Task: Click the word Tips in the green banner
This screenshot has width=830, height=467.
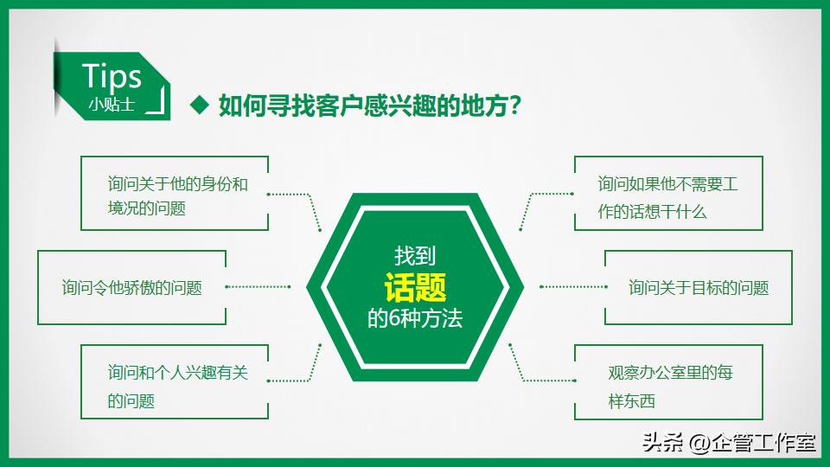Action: (112, 76)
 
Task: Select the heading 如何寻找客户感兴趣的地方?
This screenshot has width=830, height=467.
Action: (369, 106)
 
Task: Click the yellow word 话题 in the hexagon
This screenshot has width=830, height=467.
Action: (415, 285)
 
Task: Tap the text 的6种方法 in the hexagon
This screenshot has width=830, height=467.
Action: (415, 318)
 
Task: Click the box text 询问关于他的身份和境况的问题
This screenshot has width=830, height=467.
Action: (177, 196)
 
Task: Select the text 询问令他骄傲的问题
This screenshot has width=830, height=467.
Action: (131, 288)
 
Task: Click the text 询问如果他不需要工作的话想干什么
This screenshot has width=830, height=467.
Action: (667, 198)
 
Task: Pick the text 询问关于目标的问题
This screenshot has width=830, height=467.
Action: (698, 288)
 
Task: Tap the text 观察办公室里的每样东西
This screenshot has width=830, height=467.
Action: (669, 386)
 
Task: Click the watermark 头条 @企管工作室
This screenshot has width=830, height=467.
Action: (729, 443)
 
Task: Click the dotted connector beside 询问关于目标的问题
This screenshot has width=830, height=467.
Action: (573, 286)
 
